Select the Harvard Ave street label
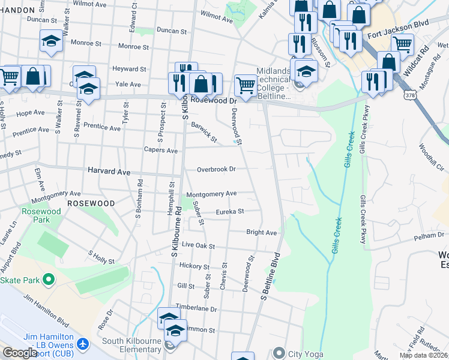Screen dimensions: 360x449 click(x=109, y=172)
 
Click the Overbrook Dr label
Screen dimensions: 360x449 click(x=216, y=169)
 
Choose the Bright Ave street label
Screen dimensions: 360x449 click(x=262, y=232)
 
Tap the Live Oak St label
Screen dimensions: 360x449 click(x=199, y=245)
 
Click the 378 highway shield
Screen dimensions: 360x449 click(x=409, y=95)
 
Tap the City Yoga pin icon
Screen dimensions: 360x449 click(x=279, y=353)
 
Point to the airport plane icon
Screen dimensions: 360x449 click(x=83, y=345)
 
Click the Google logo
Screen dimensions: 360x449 click(x=20, y=353)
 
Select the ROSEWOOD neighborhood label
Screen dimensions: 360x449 click(x=91, y=203)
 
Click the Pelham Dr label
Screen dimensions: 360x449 click(x=430, y=238)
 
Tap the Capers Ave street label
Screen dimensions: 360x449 click(x=160, y=150)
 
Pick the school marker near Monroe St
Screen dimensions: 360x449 click(x=51, y=41)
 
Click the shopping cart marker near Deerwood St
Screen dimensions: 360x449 click(x=246, y=85)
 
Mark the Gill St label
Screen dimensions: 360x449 click(x=185, y=286)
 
